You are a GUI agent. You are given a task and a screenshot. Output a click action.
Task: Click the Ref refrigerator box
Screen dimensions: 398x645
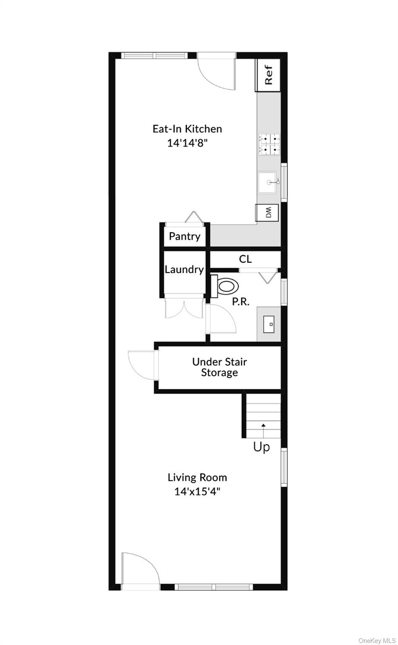click(x=267, y=75)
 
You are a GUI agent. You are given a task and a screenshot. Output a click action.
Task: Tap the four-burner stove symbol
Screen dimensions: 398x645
click(x=270, y=145)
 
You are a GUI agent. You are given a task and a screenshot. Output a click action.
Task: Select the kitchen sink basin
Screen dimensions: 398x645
click(x=267, y=182)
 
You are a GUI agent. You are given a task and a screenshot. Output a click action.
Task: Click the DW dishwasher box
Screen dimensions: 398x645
click(x=267, y=213)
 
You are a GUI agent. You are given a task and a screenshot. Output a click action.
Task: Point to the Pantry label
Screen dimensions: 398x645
click(x=184, y=236)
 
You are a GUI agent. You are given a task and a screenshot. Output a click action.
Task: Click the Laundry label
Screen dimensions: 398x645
click(x=184, y=269)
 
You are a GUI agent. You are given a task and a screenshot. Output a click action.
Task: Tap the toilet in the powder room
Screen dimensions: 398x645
click(x=225, y=286)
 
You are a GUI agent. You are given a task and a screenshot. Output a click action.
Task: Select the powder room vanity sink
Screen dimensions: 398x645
click(x=269, y=324)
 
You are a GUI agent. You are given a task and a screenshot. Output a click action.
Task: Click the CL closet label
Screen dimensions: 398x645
click(x=245, y=259)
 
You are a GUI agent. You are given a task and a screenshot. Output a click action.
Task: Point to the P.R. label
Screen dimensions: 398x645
click(x=241, y=302)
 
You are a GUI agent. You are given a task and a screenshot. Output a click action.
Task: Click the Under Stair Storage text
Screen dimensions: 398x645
click(x=220, y=367)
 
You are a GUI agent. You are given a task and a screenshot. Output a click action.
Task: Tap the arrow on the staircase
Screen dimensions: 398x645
click(x=263, y=431)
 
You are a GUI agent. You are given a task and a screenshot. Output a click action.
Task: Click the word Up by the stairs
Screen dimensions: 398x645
click(x=262, y=447)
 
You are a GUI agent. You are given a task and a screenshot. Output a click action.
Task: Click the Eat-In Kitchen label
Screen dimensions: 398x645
click(x=187, y=128)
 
